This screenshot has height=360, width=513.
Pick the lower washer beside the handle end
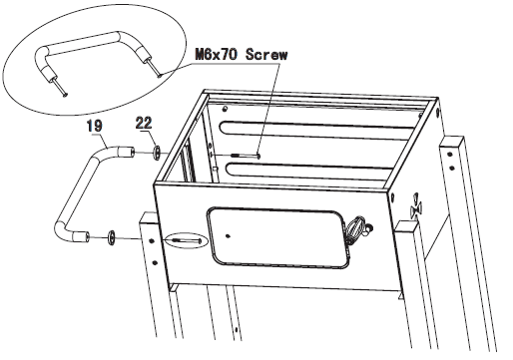pos(112,237)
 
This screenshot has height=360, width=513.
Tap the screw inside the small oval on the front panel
pos(185,240)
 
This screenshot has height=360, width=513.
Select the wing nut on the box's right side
pos(416,210)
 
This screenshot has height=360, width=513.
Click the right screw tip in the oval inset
pos(160,71)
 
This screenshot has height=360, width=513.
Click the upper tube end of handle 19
pos(127,153)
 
